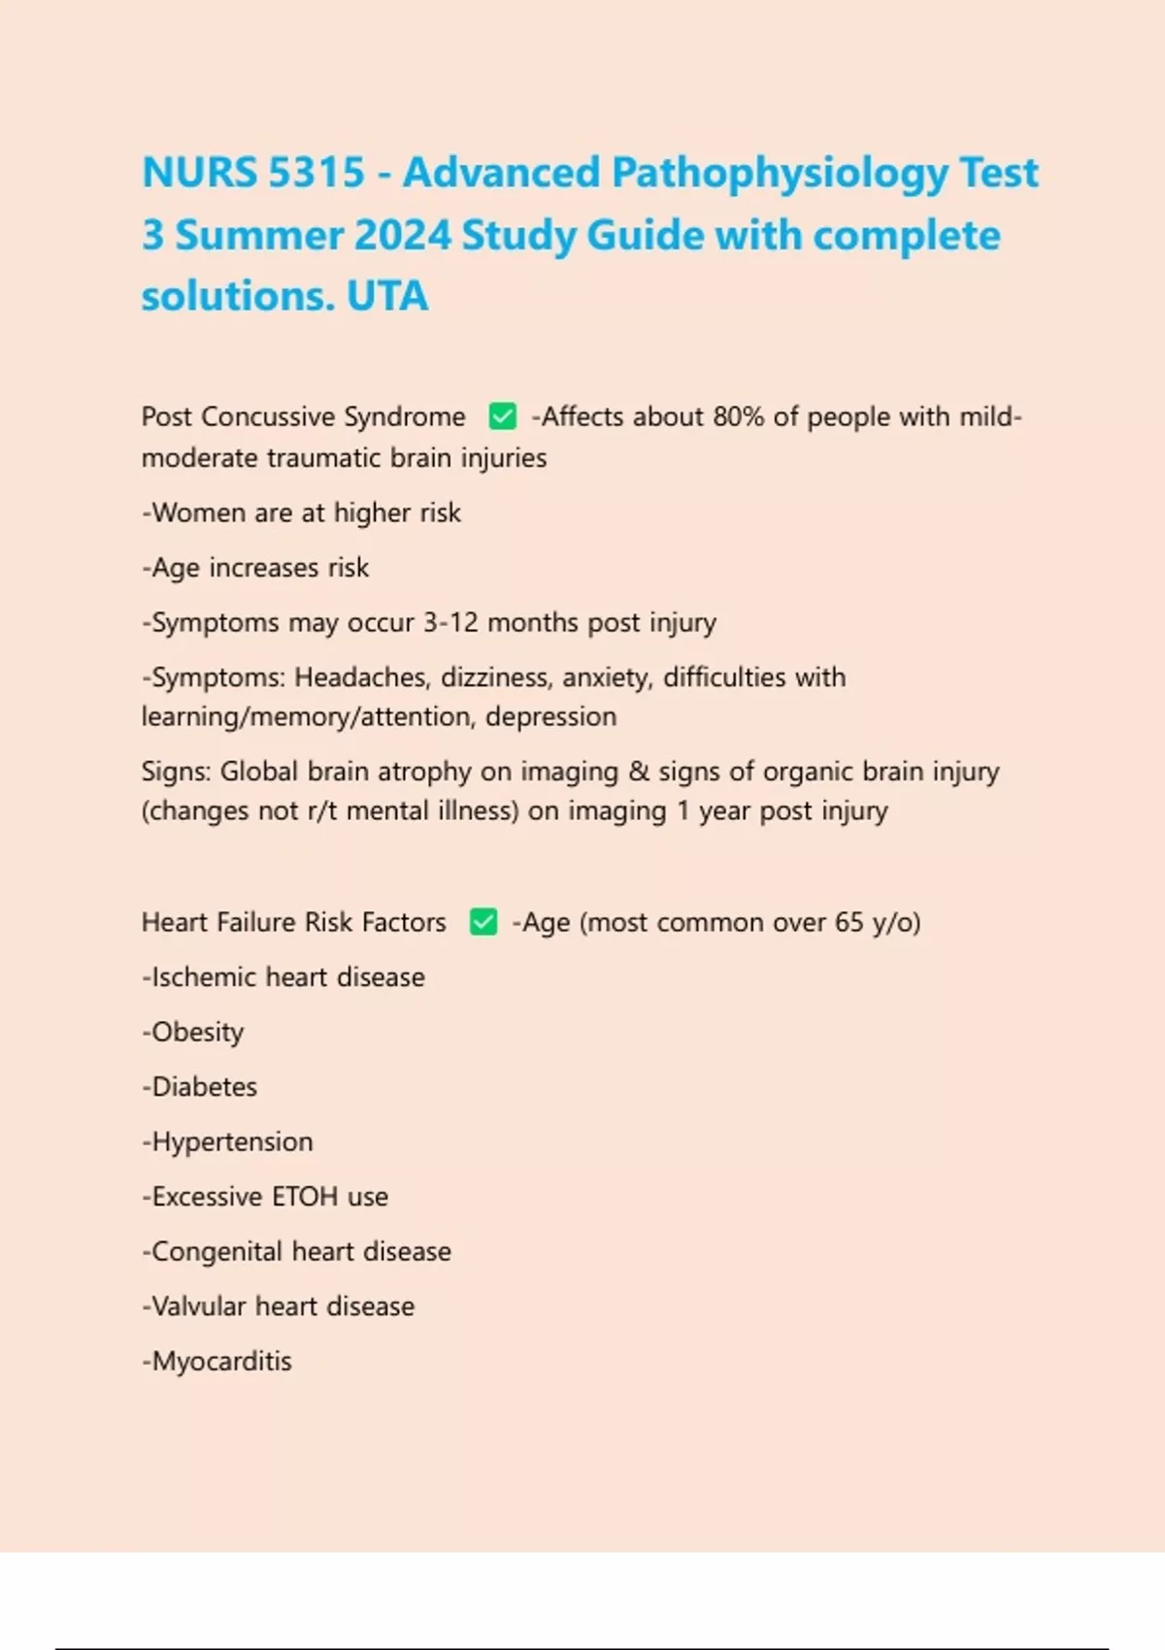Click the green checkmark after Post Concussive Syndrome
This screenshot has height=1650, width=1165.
[502, 416]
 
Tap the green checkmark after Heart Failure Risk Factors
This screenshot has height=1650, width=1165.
[483, 922]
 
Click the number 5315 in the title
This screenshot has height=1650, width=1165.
[316, 173]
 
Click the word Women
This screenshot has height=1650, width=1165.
[199, 512]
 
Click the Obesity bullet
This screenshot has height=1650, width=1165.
[194, 1033]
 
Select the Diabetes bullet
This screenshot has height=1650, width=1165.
[201, 1087]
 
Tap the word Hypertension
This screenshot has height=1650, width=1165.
[231, 1142]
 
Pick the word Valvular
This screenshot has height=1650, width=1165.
[199, 1306]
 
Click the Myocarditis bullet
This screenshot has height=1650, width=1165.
[218, 1362]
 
